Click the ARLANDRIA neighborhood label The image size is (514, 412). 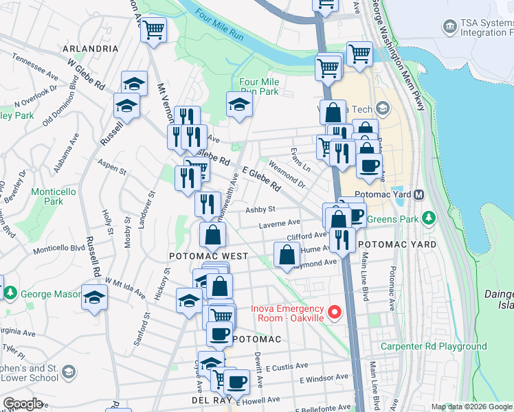click(x=89, y=49)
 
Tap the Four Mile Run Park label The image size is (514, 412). click(x=259, y=87)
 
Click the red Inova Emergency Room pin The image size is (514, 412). click(x=335, y=313)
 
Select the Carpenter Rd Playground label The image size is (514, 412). click(x=434, y=347)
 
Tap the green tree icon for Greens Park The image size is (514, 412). click(x=429, y=218)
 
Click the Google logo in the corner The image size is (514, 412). click(x=23, y=403)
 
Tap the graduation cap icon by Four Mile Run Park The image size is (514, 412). click(x=239, y=105)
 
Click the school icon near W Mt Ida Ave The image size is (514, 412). click(x=94, y=297)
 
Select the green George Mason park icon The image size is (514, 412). click(x=11, y=293)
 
